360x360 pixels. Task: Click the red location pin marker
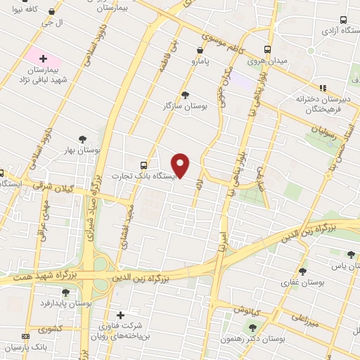pos(181,165)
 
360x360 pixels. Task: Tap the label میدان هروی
pos(266,61)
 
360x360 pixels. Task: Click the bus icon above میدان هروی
pos(266,50)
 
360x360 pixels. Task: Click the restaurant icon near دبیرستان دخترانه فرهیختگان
pos(323,88)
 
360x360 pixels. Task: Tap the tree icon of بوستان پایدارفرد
pos(65,292)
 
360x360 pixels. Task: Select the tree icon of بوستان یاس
pos(351,255)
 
